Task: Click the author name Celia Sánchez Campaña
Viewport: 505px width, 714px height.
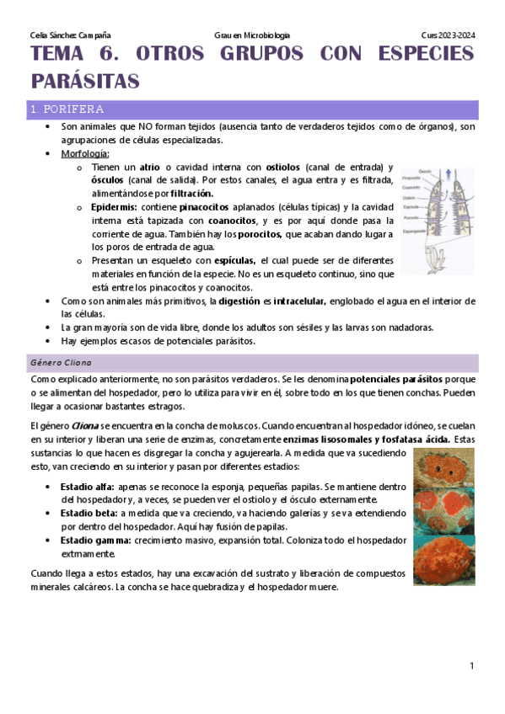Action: tap(64, 35)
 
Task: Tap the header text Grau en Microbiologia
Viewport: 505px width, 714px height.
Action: tap(252, 35)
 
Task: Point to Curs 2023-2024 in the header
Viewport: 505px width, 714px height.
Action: tap(449, 35)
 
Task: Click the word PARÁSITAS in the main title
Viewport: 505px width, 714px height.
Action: tap(84, 82)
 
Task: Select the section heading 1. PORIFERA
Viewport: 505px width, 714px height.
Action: tap(67, 109)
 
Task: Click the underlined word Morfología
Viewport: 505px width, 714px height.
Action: tap(84, 154)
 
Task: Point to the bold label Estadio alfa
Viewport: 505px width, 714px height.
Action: tap(88, 487)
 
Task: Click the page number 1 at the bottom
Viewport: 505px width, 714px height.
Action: tap(472, 666)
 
